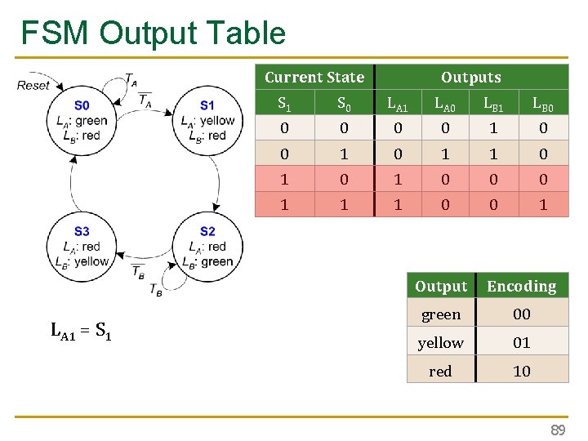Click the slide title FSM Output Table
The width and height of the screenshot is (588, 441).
coord(154,33)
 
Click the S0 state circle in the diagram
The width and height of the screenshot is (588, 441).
coord(82,120)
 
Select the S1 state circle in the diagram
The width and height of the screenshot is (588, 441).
coord(207,120)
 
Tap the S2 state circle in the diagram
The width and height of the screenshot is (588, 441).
coord(207,247)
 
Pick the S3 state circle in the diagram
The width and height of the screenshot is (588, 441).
coord(82,247)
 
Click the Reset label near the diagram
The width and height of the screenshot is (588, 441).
coord(33,85)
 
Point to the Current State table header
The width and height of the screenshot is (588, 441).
coord(314,78)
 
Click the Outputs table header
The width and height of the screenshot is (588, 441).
coord(470,78)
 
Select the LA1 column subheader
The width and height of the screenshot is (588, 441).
coord(398,104)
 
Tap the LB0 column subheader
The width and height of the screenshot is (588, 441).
coord(543,104)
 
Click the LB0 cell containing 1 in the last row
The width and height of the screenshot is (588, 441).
coord(543,205)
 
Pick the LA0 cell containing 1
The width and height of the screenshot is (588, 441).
coord(445,154)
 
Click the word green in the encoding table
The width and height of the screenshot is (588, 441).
coord(440,314)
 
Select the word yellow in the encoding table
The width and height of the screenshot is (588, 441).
coord(440,343)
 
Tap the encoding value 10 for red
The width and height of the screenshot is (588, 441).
coord(521,371)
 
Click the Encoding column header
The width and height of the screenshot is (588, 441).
coord(521,287)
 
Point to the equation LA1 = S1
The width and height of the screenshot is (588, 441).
coord(81,331)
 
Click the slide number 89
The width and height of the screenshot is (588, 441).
coord(557,430)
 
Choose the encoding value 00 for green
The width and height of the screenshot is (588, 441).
coord(521,314)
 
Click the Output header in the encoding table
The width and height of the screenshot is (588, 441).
coord(441,287)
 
